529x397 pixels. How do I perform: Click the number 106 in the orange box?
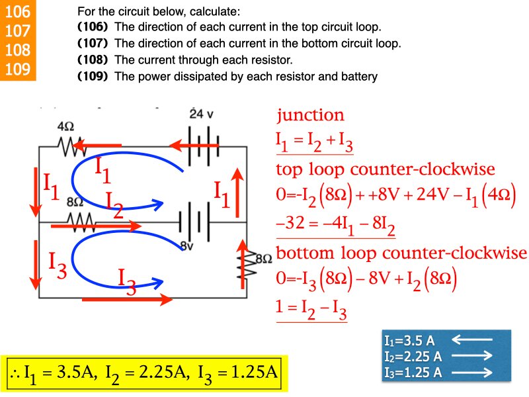click(x=17, y=11)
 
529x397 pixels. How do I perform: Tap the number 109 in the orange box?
click(x=17, y=69)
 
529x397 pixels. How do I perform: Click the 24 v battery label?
click(x=201, y=114)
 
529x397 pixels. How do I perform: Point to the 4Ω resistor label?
click(x=65, y=126)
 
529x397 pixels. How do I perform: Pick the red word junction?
click(x=310, y=115)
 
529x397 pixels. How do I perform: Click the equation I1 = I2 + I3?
click(x=315, y=142)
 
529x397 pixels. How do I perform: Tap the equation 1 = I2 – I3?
click(x=311, y=308)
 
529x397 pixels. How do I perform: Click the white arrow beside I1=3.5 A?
click(x=472, y=341)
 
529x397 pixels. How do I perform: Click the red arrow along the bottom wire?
click(x=127, y=300)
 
